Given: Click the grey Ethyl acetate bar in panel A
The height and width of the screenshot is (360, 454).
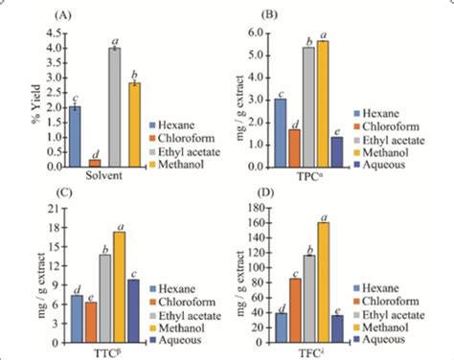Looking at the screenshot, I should click(x=114, y=106).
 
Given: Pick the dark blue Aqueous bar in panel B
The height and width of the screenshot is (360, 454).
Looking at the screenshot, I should click(x=336, y=151).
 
